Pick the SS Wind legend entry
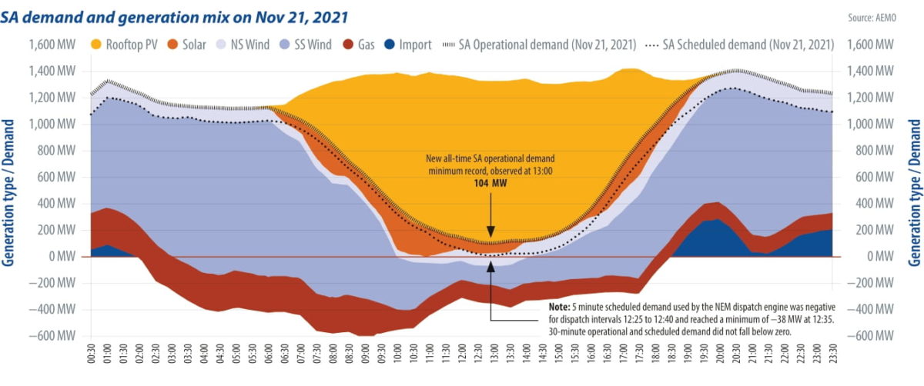point(303,45)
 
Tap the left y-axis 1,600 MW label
point(52,45)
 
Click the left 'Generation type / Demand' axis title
point(10,192)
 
